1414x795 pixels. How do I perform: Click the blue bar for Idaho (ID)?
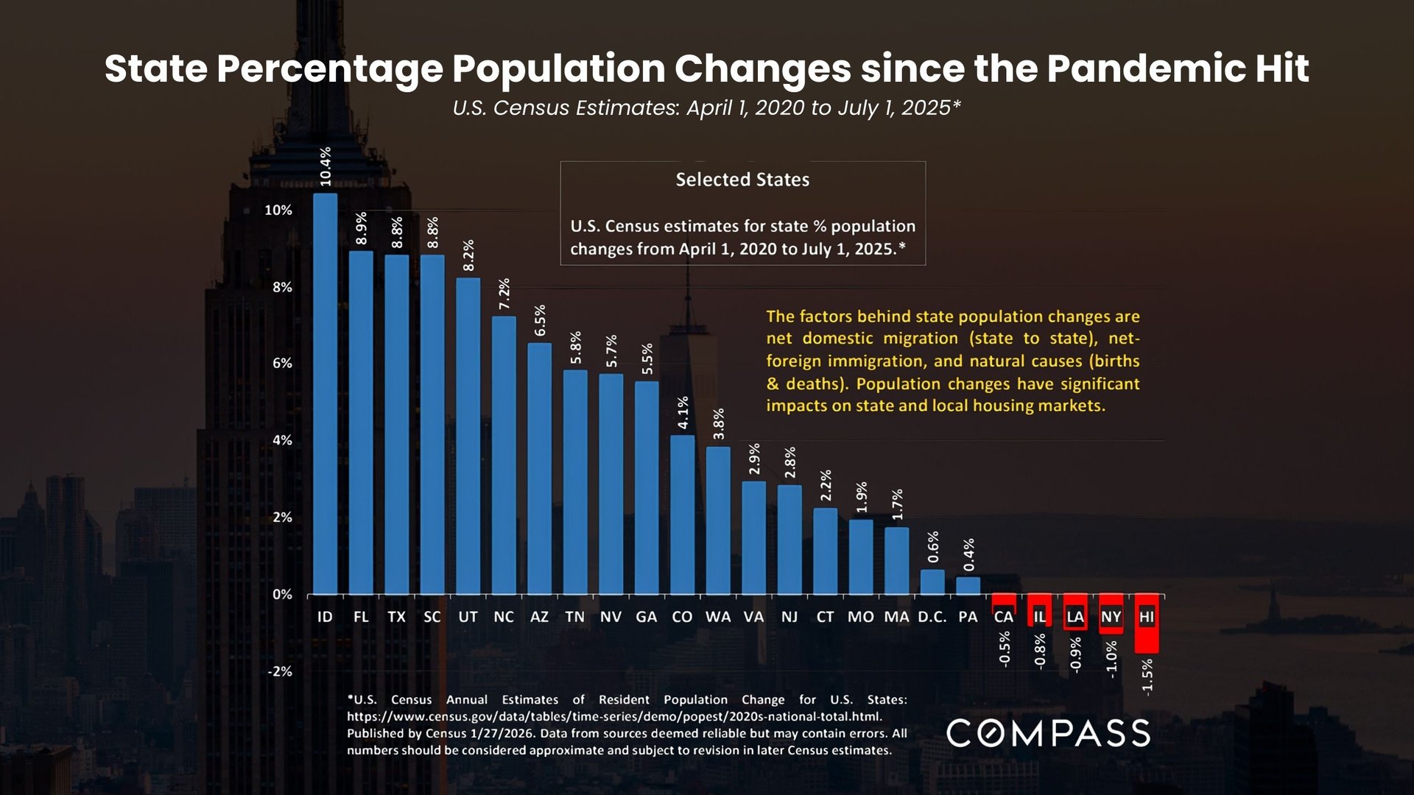click(325, 394)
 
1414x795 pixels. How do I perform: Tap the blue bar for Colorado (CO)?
click(682, 515)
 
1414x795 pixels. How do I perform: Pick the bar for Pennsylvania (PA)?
click(968, 585)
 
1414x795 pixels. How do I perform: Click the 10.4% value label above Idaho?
click(325, 166)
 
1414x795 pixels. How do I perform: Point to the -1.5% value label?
click(1147, 676)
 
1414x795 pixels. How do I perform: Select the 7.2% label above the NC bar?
click(504, 294)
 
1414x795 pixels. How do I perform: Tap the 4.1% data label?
click(683, 412)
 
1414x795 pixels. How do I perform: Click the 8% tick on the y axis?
click(282, 287)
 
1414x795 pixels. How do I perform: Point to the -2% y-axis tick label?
click(280, 671)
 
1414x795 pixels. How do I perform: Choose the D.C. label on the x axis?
click(932, 617)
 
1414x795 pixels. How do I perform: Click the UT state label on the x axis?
click(468, 617)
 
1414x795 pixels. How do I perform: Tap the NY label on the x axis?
click(1111, 617)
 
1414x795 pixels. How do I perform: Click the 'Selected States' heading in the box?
click(742, 180)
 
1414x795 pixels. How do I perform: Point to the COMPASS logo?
click(1048, 733)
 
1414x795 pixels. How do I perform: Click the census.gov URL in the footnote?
click(614, 716)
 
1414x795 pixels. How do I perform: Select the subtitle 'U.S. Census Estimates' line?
click(706, 107)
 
